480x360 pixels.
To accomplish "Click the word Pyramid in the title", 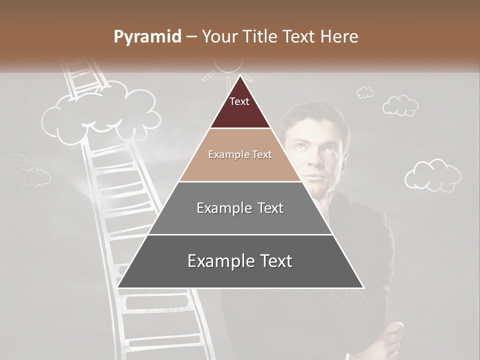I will (x=147, y=37).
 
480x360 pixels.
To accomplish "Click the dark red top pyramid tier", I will (x=240, y=107).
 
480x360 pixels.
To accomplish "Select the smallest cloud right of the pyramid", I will (x=365, y=92).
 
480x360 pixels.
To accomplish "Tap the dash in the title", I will (x=191, y=37).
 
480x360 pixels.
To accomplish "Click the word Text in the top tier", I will (x=239, y=101).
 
